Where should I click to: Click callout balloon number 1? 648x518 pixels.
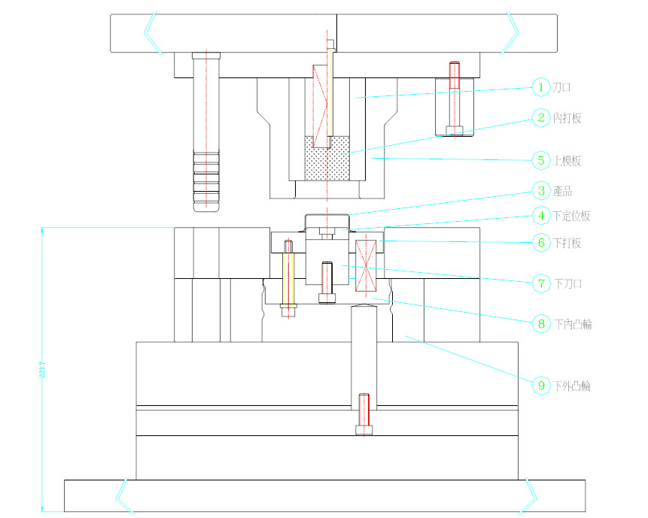click(x=541, y=87)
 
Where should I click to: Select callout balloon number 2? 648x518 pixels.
click(x=541, y=117)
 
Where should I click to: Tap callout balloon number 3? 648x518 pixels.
click(x=541, y=191)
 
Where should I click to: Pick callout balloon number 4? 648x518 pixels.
click(x=541, y=215)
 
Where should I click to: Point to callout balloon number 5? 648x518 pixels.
click(x=541, y=160)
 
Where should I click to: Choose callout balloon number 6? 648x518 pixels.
click(x=541, y=242)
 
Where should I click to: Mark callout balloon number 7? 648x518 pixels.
click(x=541, y=283)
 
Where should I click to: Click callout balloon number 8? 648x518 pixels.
click(x=541, y=324)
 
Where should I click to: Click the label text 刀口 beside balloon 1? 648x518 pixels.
click(x=562, y=88)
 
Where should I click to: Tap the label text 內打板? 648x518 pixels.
click(x=567, y=118)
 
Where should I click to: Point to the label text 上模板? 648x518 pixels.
click(x=567, y=161)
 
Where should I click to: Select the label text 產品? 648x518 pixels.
click(x=562, y=192)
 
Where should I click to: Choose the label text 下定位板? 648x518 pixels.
click(x=572, y=216)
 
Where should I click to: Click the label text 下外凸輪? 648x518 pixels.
click(x=572, y=386)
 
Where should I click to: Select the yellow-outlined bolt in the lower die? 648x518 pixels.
click(x=288, y=277)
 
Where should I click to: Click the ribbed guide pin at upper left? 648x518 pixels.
click(x=205, y=132)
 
